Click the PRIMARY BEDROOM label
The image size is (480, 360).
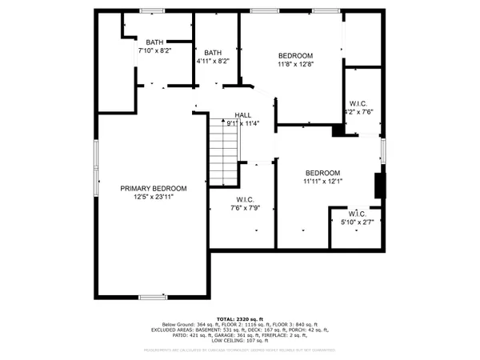coord(154,188)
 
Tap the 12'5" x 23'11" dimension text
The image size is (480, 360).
coord(154,197)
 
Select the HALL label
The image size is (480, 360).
coord(243,115)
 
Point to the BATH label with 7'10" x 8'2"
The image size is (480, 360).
coord(154,43)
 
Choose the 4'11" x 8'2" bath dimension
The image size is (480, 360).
coord(213,62)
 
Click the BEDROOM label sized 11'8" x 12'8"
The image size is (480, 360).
coord(295,54)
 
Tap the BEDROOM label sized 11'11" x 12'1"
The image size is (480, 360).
coord(322,173)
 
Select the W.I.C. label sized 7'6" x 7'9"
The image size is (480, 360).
coord(246,200)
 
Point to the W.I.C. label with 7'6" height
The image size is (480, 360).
coord(358,103)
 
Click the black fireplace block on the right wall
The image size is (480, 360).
coord(380,185)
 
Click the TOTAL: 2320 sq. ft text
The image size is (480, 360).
coord(239,318)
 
